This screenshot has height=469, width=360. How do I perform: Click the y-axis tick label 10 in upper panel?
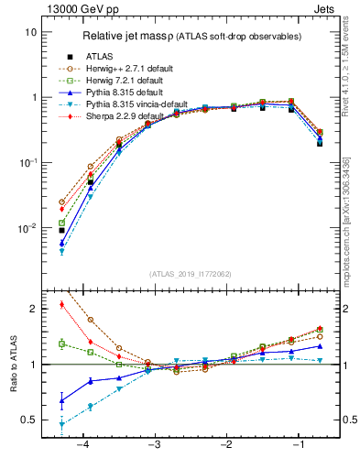[30, 32]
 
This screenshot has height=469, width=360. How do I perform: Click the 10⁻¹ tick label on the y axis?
[27, 162]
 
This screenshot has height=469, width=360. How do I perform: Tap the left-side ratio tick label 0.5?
[29, 420]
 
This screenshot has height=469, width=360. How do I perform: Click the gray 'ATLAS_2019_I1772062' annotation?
[190, 273]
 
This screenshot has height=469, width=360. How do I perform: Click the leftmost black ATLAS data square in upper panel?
[61, 230]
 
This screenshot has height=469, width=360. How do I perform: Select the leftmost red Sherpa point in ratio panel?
[61, 304]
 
